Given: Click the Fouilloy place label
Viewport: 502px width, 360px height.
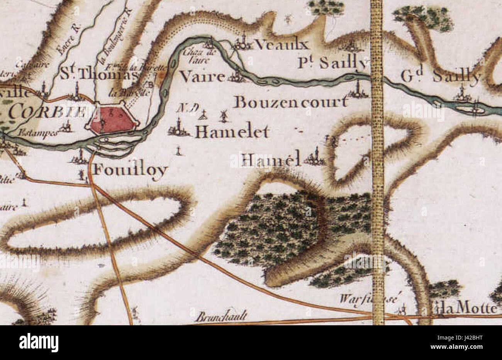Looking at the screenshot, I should (x=131, y=170).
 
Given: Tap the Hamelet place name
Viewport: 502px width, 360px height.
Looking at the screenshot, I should (x=232, y=132).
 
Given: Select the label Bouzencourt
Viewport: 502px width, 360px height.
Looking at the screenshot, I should (x=290, y=102).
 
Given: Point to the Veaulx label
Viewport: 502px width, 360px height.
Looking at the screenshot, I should (x=282, y=45).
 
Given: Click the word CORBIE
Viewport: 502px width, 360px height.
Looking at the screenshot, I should (x=46, y=112).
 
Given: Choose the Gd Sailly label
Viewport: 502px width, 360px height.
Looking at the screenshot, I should (x=440, y=77).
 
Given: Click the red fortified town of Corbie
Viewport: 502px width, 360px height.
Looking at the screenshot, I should (x=112, y=120).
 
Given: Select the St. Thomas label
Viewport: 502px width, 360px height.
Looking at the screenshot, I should (x=98, y=74).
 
